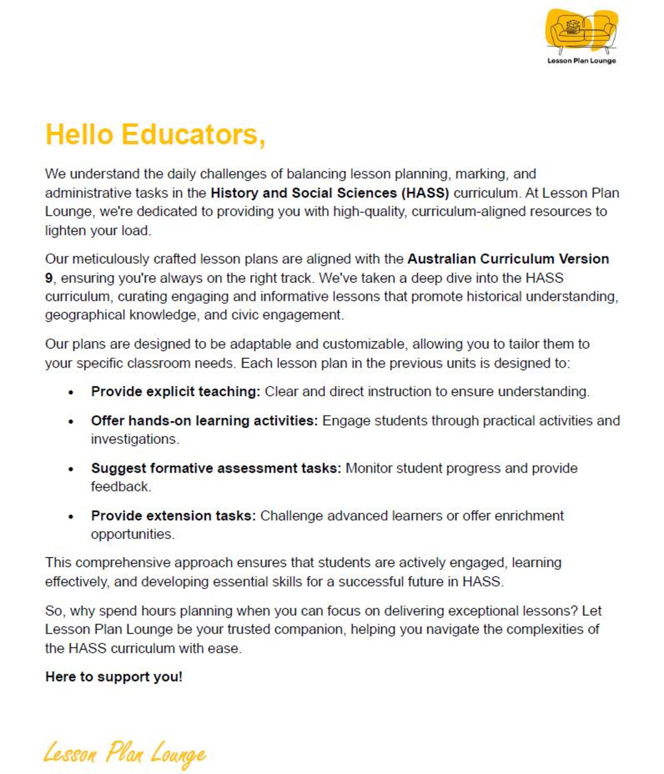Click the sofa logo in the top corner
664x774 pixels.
coord(582,31)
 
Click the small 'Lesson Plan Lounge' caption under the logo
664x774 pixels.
coord(582,61)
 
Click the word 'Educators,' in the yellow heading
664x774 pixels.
coord(193,135)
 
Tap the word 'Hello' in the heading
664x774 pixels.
coord(79,135)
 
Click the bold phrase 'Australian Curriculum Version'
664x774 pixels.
coord(508,259)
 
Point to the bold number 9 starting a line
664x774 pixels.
coord(49,278)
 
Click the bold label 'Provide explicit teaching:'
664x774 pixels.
coord(176,391)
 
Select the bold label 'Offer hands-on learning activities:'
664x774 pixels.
coord(204,420)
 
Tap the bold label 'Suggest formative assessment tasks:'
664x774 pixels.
coord(216,468)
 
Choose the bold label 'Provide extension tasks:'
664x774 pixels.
coord(173,516)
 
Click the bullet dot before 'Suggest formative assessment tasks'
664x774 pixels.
coord(71,469)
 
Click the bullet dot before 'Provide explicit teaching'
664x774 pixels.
coord(71,393)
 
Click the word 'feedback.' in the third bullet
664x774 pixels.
coord(121,487)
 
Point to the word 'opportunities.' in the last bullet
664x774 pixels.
coord(133,534)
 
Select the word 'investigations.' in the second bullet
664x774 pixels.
coord(135,439)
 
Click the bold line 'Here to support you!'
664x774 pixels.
coord(114,677)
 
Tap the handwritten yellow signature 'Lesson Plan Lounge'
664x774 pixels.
coord(125,754)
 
